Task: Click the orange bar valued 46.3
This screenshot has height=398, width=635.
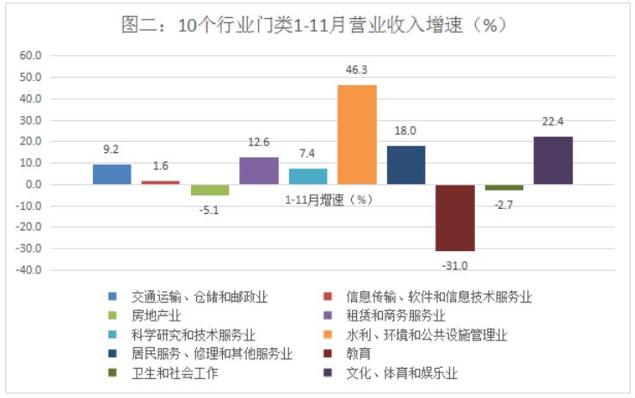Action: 357,134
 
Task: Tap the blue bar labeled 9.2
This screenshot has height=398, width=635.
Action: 112,174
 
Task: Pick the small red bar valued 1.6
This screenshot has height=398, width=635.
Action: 161,182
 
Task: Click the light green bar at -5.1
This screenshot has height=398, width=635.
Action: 210,190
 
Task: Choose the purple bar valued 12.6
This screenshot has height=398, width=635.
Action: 259,170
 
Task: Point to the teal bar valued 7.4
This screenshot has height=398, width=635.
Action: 308,176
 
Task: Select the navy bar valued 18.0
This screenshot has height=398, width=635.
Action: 406,164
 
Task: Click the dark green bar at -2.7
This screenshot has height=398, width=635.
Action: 504,187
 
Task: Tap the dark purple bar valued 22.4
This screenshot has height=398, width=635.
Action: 553,160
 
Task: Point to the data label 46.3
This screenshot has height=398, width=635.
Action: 357,70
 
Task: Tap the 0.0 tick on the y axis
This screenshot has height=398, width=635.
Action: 34,185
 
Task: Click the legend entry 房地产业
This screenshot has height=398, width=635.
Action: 157,315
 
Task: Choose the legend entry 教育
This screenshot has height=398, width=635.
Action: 360,353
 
